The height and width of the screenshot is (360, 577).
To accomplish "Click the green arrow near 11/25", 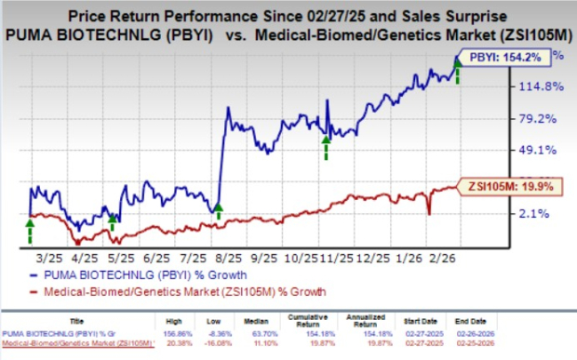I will (326, 145).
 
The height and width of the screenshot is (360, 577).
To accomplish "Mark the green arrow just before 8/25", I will (217, 213).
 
